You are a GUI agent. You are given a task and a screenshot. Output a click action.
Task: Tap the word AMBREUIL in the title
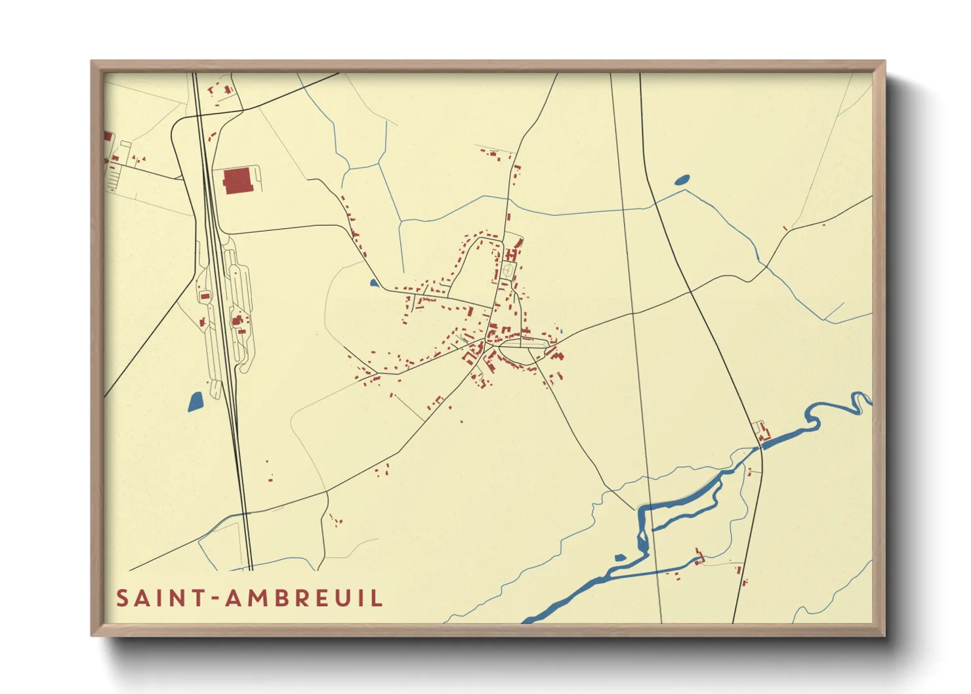click(304, 598)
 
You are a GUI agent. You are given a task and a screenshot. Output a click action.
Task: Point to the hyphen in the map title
click(214, 599)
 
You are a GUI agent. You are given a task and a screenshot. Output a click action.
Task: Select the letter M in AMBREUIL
click(253, 598)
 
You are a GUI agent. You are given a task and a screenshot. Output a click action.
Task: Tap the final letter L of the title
click(377, 598)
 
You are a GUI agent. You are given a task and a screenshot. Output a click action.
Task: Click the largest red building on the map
click(237, 180)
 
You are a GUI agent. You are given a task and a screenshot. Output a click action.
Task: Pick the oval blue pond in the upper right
click(682, 178)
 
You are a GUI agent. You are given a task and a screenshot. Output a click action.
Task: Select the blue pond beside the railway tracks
click(195, 401)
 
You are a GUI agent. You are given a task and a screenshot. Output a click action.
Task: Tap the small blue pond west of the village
click(373, 283)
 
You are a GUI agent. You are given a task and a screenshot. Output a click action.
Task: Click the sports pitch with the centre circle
click(508, 270)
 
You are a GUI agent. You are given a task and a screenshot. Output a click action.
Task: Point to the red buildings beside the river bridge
click(763, 434)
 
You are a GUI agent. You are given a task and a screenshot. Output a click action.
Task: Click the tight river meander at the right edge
click(859, 402)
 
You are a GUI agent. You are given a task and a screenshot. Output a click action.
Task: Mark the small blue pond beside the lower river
click(619, 558)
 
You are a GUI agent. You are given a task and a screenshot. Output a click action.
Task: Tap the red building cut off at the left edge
click(108, 136)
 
